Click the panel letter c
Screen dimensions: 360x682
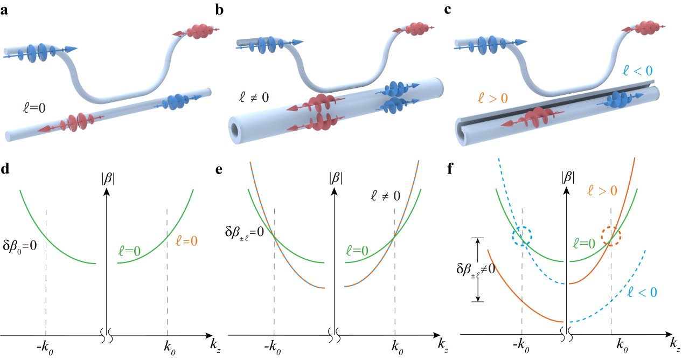point(457,10)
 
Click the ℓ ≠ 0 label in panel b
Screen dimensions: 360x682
point(255,98)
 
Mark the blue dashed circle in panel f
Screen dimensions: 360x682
point(521,236)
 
